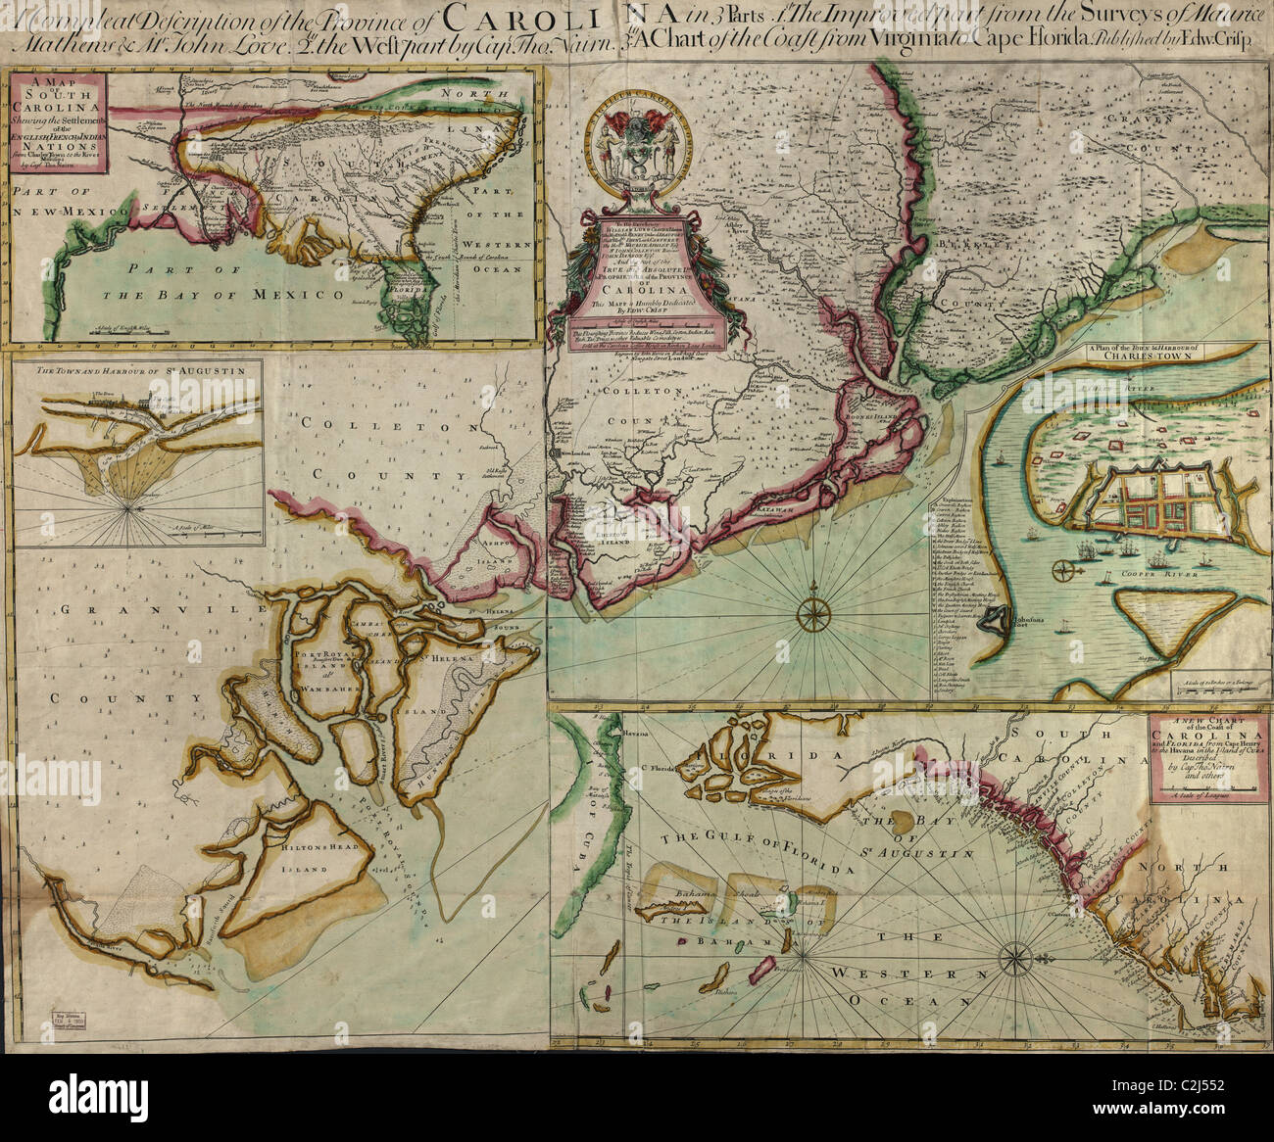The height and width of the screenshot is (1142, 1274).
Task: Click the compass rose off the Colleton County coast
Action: (812, 614)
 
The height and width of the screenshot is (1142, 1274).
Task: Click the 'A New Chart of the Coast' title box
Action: (1203, 758)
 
